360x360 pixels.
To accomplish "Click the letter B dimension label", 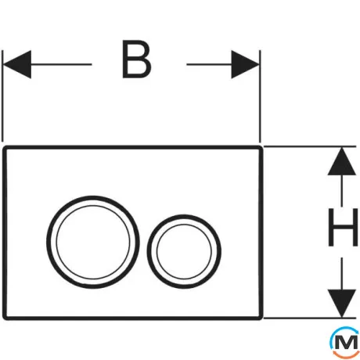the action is tap(137, 59).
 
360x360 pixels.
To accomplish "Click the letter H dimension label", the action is tap(343, 227).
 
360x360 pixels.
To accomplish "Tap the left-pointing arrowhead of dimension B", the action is tap(16, 64).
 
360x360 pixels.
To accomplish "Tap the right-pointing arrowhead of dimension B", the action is tap(245, 64).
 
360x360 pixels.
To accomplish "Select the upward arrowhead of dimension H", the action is tap(342, 161).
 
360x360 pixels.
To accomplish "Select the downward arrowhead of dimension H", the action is tap(342, 304).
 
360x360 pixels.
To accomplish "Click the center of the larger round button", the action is tap(93, 243).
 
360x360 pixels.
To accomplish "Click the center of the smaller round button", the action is tap(184, 251).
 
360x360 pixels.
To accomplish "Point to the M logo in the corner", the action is tap(345, 342).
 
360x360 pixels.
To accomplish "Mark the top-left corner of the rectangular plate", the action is tap(4, 147).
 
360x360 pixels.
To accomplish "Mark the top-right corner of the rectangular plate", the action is tap(261, 147).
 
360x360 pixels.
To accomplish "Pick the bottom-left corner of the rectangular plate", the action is tap(4, 319).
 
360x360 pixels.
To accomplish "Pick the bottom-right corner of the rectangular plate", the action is tap(261, 319).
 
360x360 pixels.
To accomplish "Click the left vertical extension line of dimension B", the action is tap(2, 95).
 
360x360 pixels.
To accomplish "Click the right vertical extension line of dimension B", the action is tap(260, 95).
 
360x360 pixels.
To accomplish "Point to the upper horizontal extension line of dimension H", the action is tap(310, 146).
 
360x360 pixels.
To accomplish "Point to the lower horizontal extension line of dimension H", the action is tap(310, 319).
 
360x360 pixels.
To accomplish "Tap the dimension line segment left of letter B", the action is tap(61, 64).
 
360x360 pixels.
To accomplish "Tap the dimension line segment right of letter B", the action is tap(209, 64).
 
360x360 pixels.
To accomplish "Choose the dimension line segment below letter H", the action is tap(342, 274).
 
